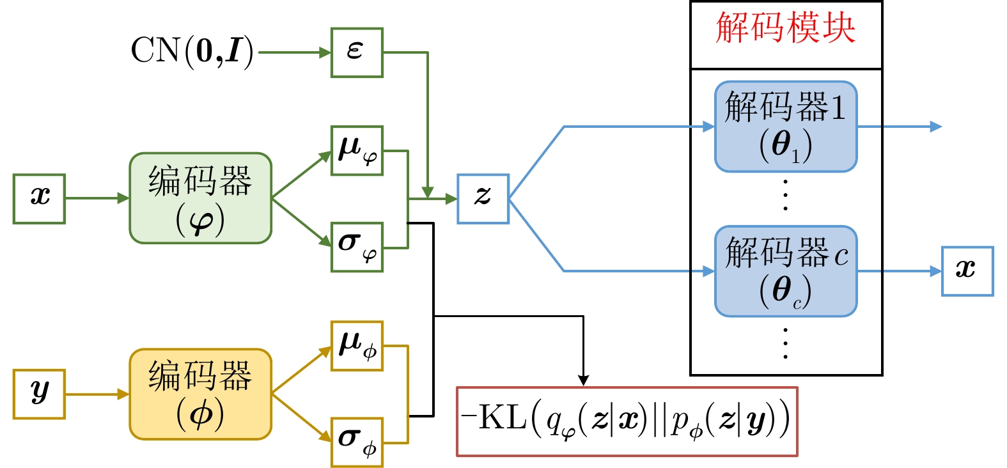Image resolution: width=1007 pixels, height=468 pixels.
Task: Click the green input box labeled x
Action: tap(39, 199)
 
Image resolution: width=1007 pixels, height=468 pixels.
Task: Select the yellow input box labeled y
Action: tap(39, 394)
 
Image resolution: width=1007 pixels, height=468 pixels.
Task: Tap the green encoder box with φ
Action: tap(200, 198)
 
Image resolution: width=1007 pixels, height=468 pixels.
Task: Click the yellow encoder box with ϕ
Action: tap(200, 394)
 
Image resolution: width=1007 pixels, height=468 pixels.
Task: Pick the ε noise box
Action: tap(357, 52)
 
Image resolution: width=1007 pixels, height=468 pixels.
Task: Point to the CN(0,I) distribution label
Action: tap(192, 51)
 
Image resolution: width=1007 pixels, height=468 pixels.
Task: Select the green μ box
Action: tap(357, 150)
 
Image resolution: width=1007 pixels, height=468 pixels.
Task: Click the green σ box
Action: tap(357, 247)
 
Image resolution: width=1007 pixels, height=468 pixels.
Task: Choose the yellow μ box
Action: tap(357, 346)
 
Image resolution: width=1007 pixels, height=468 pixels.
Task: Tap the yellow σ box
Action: tap(357, 442)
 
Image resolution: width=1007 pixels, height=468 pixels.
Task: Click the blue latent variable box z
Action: tap(483, 199)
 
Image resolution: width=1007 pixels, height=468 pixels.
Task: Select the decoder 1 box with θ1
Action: tap(785, 127)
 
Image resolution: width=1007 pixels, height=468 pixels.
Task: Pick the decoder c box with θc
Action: tap(785, 271)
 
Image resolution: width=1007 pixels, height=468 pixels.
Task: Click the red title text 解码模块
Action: tap(785, 29)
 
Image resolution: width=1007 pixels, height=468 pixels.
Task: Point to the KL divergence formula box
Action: tap(627, 421)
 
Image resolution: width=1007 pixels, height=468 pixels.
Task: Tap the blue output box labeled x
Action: tap(967, 271)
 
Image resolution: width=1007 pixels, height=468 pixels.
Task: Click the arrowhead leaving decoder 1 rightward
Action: tap(936, 127)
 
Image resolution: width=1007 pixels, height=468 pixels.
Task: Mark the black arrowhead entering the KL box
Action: tap(583, 380)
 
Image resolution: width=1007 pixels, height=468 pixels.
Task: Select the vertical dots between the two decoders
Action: tap(785, 195)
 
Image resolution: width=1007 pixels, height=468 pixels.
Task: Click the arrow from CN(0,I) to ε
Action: tap(294, 52)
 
